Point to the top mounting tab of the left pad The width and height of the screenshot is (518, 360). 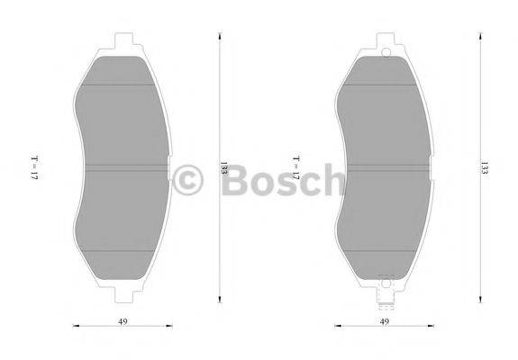click(124, 40)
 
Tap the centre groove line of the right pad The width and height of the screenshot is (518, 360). click(386, 166)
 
